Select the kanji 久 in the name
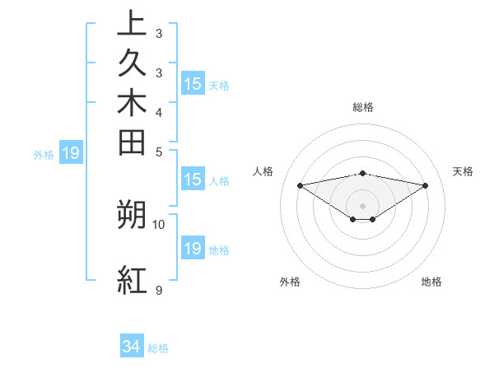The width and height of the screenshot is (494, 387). tap(133, 63)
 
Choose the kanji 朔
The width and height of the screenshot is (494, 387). tap(133, 214)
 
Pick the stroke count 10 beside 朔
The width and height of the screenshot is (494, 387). tap(159, 224)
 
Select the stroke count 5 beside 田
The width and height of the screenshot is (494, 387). tap(158, 152)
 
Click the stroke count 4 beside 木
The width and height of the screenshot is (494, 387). tap(158, 112)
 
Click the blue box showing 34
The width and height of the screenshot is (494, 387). tap(132, 347)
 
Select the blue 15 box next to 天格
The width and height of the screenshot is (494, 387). tap(193, 84)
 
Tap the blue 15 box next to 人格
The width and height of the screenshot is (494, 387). tap(193, 180)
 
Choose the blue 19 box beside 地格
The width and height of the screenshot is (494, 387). tap(193, 249)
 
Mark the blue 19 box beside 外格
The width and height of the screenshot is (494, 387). tap(71, 152)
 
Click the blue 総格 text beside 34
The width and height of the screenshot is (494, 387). tap(158, 348)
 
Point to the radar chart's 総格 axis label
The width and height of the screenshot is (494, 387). tap(362, 107)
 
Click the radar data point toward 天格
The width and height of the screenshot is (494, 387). tap(425, 185)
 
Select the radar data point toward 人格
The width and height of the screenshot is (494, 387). tap(300, 185)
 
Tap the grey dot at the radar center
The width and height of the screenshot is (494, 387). tap(362, 205)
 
